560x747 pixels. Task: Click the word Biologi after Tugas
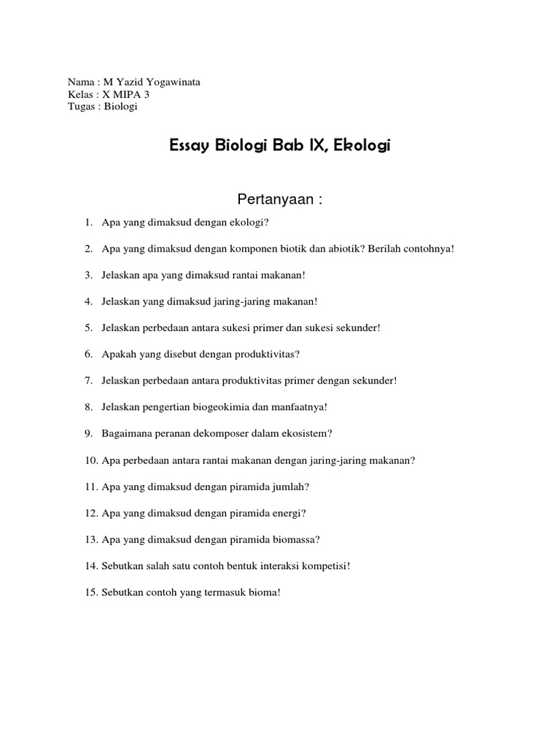coord(120,107)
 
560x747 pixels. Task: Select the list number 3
coord(88,275)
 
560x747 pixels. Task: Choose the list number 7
coord(88,381)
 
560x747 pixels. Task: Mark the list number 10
coord(91,460)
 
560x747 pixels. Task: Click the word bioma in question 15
coord(264,592)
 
